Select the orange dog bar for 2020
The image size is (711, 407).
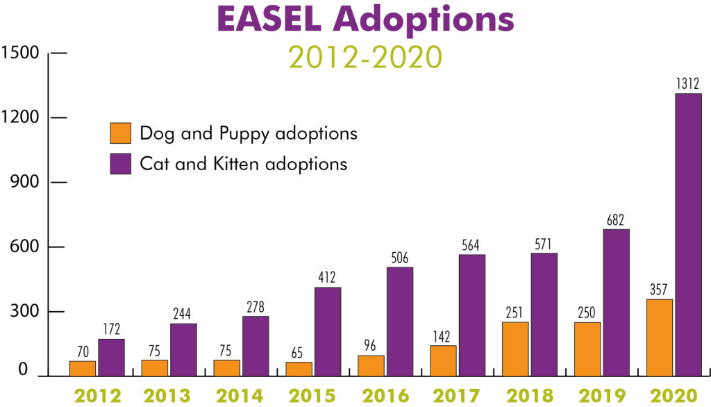click(660, 338)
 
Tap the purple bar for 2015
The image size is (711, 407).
click(328, 331)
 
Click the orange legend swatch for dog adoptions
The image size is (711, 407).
click(120, 133)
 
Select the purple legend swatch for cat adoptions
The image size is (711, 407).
click(120, 164)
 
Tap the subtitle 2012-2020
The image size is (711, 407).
click(365, 58)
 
